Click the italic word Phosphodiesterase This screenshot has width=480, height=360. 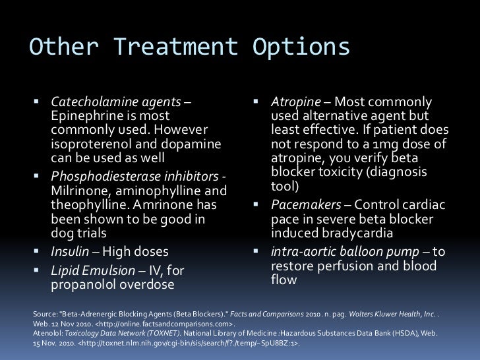click(101, 177)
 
